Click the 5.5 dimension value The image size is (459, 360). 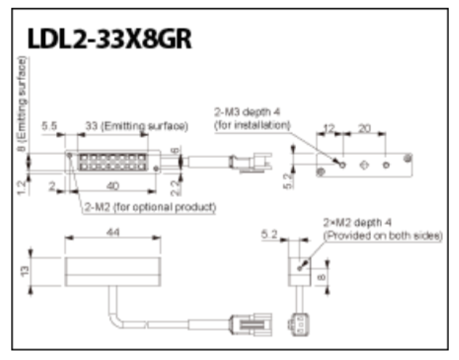(x=50, y=126)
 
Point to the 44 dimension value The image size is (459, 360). (x=113, y=232)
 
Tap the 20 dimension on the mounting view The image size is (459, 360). (x=364, y=128)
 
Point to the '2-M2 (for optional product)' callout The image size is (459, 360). (x=150, y=207)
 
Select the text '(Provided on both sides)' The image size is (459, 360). (x=383, y=236)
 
